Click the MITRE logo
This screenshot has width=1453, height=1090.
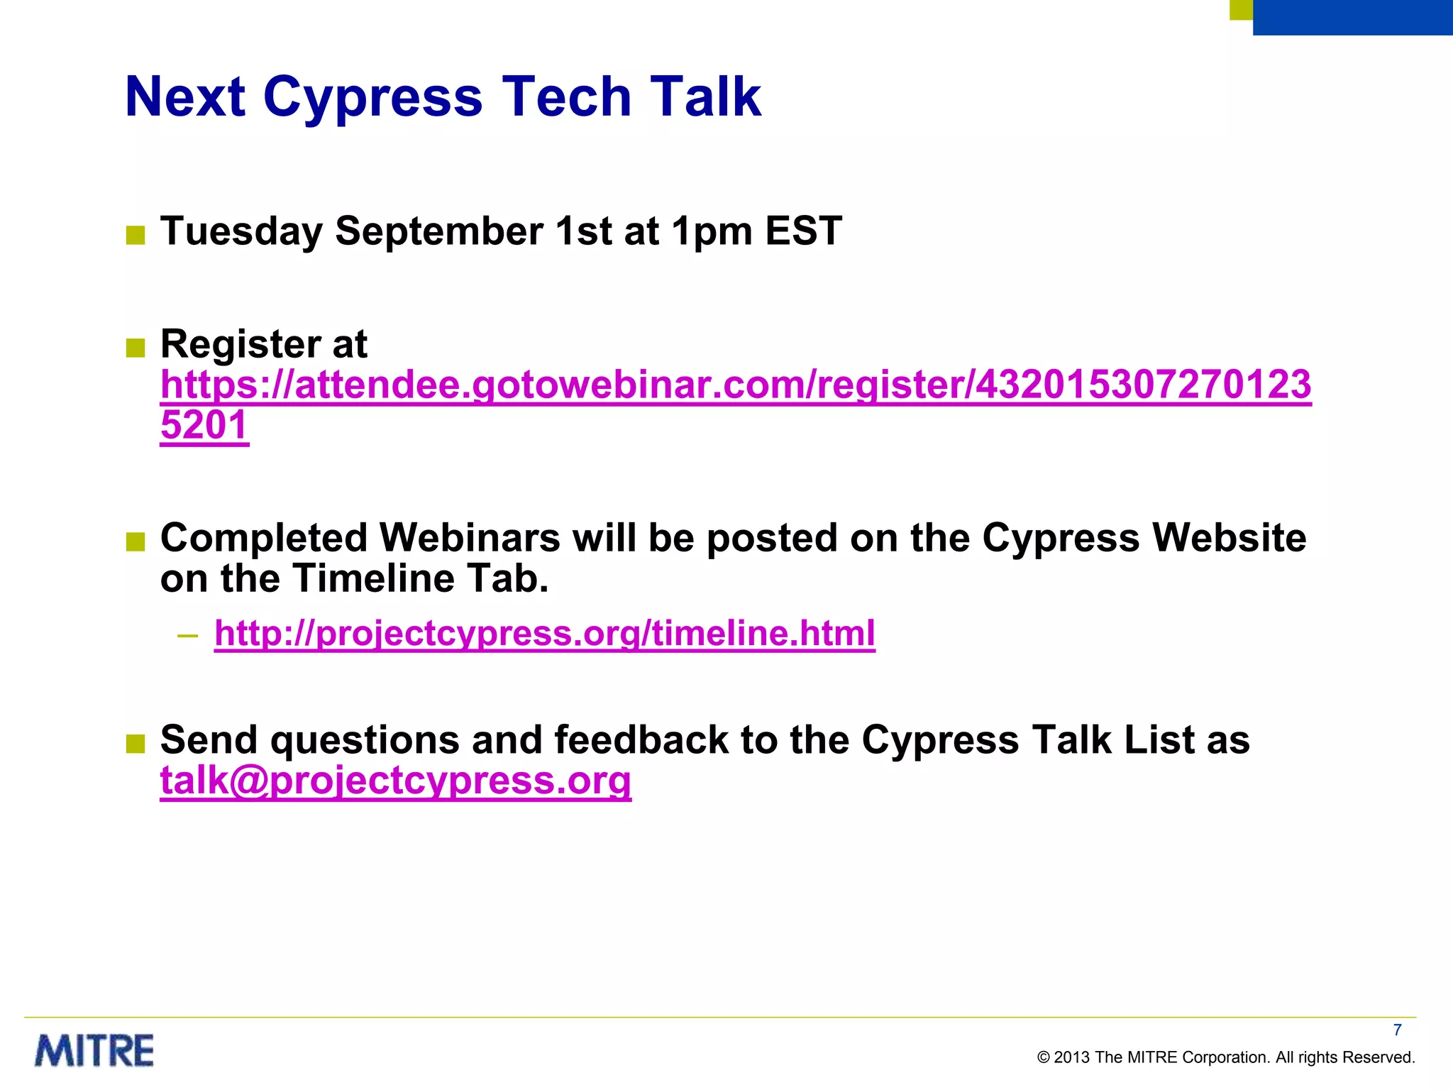94,1051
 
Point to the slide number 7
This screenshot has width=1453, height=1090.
1397,1030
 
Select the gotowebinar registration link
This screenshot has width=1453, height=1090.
735,385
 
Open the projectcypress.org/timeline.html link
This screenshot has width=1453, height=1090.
544,633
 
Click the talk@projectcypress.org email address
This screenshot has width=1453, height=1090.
395,781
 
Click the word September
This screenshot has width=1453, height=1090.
439,232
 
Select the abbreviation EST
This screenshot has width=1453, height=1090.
803,231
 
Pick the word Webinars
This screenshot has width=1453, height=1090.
470,538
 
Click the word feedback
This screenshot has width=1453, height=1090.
641,740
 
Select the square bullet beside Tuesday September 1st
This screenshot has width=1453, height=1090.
136,235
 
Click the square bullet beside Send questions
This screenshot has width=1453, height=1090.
136,744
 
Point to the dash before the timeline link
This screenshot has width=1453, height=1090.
188,634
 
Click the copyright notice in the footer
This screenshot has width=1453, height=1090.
1225,1057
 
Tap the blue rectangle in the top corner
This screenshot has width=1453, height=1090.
1352,17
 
